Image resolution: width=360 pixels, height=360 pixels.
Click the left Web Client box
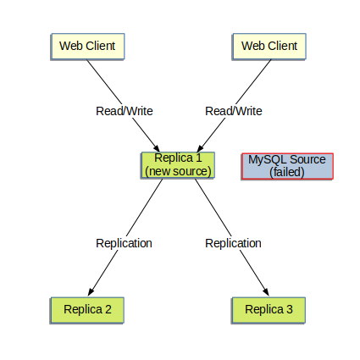(x=87, y=46)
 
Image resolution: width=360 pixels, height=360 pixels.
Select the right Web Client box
(x=269, y=46)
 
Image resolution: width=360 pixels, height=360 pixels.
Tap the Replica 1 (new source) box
(x=178, y=165)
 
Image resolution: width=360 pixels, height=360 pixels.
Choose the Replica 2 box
(x=87, y=309)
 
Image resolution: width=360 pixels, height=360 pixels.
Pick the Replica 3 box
(x=269, y=309)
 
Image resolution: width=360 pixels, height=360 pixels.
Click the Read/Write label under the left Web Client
(x=124, y=111)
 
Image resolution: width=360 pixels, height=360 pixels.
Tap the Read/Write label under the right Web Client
(x=234, y=111)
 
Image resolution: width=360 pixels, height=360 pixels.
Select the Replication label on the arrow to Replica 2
(x=124, y=243)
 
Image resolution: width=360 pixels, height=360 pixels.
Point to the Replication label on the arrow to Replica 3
(x=233, y=243)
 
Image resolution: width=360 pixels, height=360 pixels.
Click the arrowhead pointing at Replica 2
(x=91, y=291)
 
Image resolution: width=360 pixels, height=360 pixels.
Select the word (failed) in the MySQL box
(x=287, y=173)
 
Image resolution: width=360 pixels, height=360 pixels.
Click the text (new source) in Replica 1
(x=178, y=171)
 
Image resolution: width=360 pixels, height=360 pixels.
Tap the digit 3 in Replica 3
(x=290, y=309)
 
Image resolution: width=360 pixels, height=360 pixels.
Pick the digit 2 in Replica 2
(x=108, y=309)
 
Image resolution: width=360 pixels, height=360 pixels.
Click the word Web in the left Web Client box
(x=70, y=46)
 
